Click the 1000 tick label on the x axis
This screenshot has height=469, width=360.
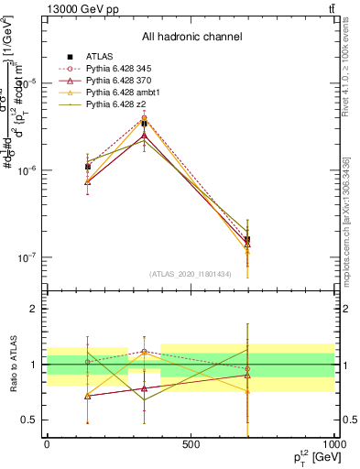click(333, 444)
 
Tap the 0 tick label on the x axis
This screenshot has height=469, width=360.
click(47, 444)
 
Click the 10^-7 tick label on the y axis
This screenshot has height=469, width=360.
click(27, 257)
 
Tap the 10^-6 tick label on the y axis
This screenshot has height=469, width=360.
click(27, 170)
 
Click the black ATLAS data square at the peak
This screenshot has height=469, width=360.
click(144, 123)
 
